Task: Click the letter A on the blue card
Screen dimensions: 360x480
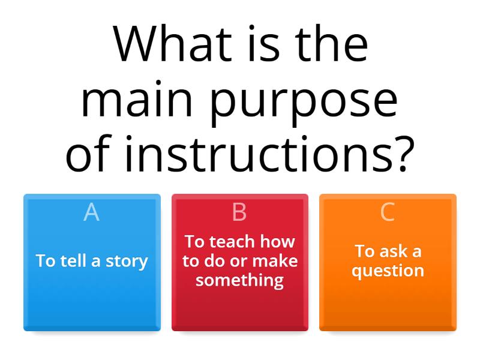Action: point(91,212)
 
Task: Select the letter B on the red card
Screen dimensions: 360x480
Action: point(239,212)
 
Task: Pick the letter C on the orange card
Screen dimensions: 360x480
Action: point(388,212)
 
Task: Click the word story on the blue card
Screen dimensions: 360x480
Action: point(127,262)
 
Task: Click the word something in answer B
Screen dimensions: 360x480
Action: point(239,280)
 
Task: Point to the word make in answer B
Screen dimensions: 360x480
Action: point(275,261)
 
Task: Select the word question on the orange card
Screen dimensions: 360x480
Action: point(388,271)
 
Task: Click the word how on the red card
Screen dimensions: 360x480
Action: point(279,242)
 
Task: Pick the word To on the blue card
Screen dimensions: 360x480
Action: point(46,261)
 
